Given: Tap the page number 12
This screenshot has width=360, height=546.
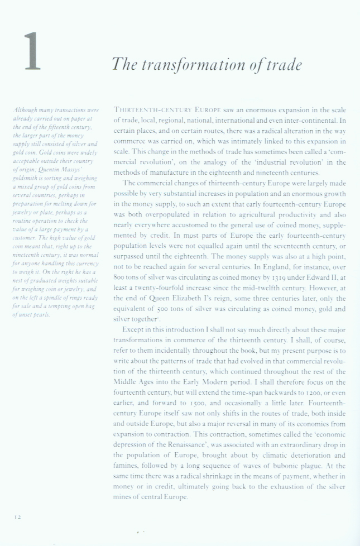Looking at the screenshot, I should pos(17,517).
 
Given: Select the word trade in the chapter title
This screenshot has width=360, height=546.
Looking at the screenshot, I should pos(284,65).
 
